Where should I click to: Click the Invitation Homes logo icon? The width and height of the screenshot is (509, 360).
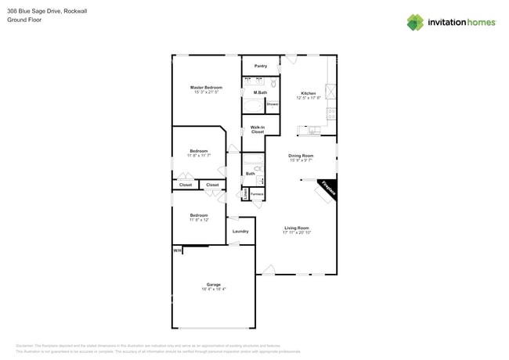pyautogui.click(x=415, y=22)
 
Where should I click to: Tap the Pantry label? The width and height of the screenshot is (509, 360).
pyautogui.click(x=261, y=66)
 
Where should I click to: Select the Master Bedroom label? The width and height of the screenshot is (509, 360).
pyautogui.click(x=206, y=87)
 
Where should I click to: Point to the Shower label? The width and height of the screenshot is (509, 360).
pyautogui.click(x=273, y=104)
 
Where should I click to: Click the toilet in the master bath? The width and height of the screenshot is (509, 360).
pyautogui.click(x=273, y=82)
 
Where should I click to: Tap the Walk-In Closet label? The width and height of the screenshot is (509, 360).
pyautogui.click(x=258, y=130)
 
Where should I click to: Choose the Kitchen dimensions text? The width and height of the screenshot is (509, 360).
pyautogui.click(x=309, y=98)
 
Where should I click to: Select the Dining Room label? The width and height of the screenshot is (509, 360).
pyautogui.click(x=301, y=156)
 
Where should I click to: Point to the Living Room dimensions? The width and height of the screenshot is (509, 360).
pyautogui.click(x=297, y=232)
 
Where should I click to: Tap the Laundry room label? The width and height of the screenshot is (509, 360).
pyautogui.click(x=240, y=231)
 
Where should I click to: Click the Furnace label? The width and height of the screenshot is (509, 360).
pyautogui.click(x=257, y=193)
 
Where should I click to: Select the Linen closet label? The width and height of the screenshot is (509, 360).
pyautogui.click(x=244, y=193)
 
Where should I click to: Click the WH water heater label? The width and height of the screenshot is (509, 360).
pyautogui.click(x=177, y=250)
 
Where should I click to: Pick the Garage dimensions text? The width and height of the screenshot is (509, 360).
pyautogui.click(x=214, y=289)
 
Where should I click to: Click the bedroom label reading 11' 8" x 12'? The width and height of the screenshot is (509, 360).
pyautogui.click(x=199, y=220)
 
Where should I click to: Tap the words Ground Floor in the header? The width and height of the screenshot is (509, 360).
pyautogui.click(x=24, y=20)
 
